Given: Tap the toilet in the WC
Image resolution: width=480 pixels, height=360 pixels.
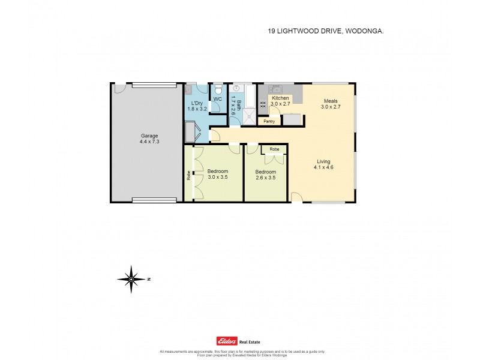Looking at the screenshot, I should click(219, 90).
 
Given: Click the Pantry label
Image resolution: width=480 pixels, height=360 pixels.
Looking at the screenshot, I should click(269, 121).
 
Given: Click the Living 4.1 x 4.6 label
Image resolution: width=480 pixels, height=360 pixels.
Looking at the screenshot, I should click(324, 164).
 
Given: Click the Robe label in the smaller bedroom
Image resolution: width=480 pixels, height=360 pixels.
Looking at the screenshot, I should click(274, 149).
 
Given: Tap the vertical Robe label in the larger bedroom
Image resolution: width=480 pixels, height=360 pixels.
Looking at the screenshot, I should click(188, 176).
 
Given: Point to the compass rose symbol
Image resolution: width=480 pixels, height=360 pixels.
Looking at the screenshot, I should click(132, 278).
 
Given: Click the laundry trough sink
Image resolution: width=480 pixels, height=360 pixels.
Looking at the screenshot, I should click(189, 90).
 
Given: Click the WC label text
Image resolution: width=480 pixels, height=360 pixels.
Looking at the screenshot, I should click(218, 99).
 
